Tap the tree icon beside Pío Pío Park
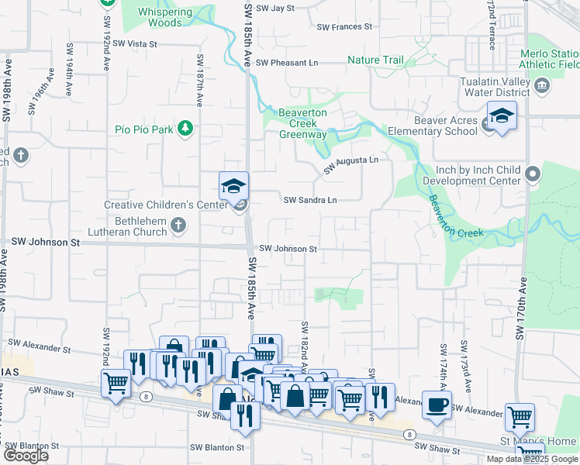coord(185,128)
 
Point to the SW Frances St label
coord(344,26)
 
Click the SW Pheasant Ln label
coord(287,63)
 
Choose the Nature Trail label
coord(376,60)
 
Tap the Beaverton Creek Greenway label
coord(302,123)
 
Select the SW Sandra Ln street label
coord(310,200)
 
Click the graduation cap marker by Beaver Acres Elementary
coord(502,117)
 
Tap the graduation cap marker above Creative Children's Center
coord(233,186)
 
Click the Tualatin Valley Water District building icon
coord(542,84)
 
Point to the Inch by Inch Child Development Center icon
coord(532,174)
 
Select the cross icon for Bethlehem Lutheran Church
coord(178,226)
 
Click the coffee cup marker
coord(437,404)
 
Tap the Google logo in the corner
coord(26,456)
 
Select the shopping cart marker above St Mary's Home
coord(520,417)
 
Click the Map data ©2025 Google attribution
coord(531,459)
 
